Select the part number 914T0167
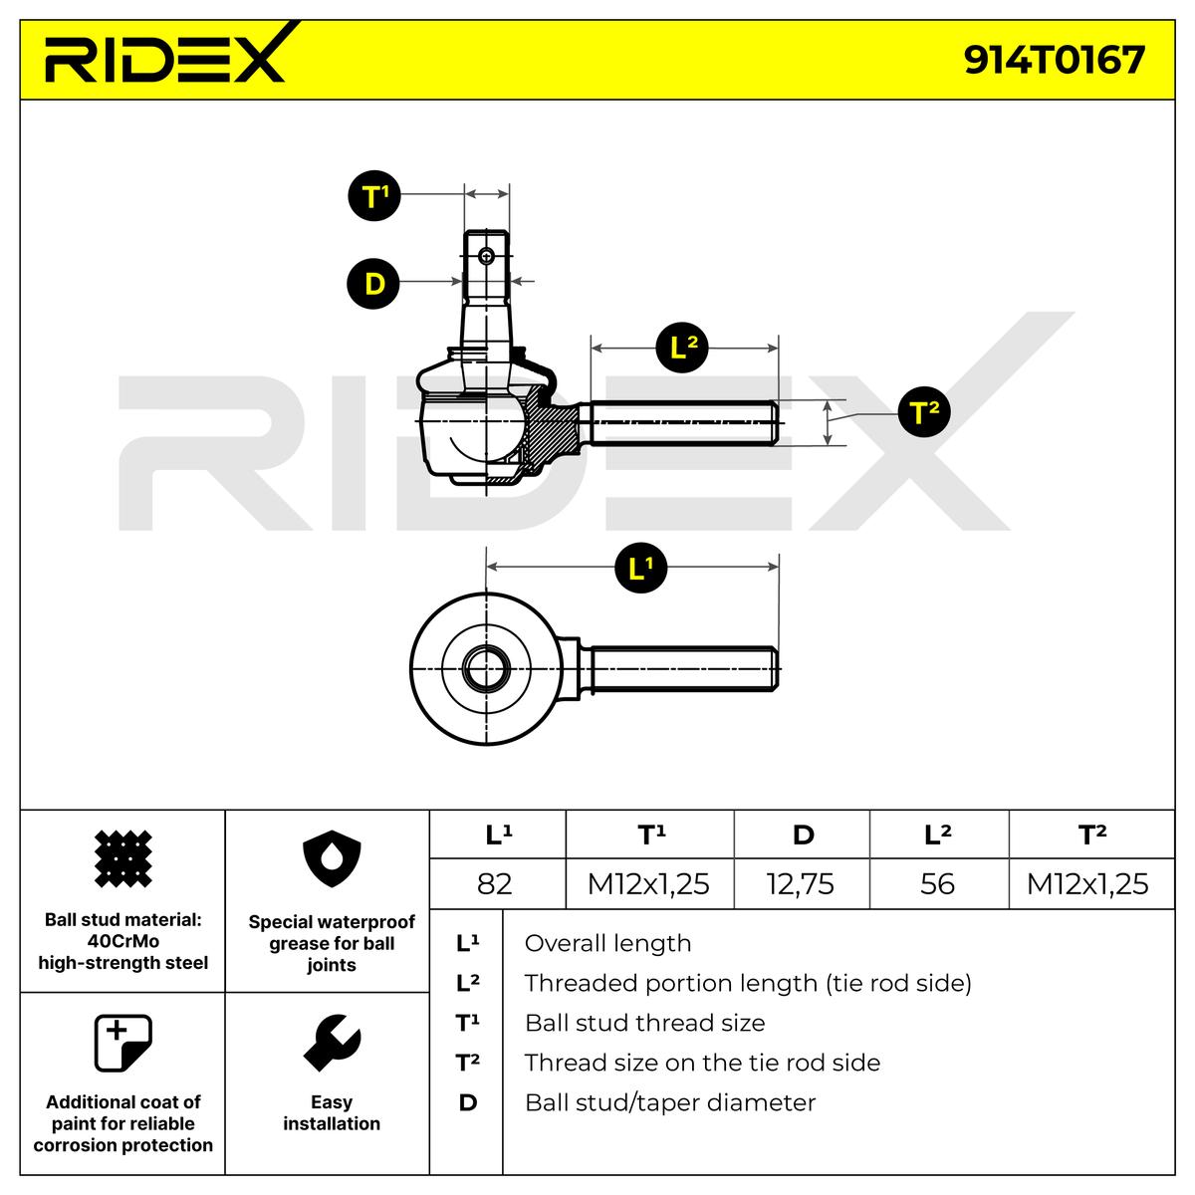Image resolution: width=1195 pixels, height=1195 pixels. click(1054, 60)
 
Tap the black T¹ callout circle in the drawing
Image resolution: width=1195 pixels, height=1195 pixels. click(373, 195)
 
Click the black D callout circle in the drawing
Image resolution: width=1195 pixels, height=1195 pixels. click(373, 284)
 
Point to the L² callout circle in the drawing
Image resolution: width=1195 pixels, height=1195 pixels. click(682, 349)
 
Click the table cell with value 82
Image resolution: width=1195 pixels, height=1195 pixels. click(495, 883)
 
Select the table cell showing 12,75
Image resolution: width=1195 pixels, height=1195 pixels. click(802, 883)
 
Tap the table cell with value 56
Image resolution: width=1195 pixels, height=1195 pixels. click(937, 883)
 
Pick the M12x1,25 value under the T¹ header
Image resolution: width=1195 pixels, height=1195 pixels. click(648, 883)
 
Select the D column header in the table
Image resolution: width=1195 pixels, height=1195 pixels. click(803, 835)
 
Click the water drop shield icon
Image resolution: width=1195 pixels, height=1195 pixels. click(331, 862)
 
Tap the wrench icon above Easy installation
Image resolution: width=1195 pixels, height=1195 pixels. click(331, 1043)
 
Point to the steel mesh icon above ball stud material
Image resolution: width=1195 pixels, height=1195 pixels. click(122, 858)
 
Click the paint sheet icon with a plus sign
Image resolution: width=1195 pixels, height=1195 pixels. click(122, 1043)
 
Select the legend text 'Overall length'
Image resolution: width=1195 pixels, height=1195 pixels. click(607, 943)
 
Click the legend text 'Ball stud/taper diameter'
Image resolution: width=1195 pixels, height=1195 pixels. click(669, 1102)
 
